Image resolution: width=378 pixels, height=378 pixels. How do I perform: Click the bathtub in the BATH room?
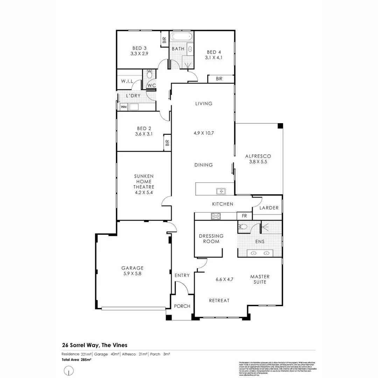click(x=181, y=37)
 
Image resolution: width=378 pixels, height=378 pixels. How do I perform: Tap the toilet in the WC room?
click(x=149, y=74)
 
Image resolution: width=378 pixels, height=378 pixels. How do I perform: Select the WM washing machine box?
click(x=123, y=107)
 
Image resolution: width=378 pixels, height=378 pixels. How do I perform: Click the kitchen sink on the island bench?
click(x=221, y=191)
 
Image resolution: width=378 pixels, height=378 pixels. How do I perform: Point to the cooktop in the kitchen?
click(x=215, y=216)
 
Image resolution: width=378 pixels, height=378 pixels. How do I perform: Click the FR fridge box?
click(x=244, y=216)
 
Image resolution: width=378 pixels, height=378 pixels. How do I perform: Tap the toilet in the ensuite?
click(x=243, y=227)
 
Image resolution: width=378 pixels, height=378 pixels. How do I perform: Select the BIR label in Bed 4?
click(x=219, y=79)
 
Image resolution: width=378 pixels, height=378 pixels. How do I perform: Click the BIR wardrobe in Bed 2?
click(x=167, y=143)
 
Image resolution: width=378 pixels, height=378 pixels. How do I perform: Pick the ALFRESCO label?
click(x=259, y=156)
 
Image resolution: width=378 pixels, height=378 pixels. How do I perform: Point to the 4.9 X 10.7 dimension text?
click(x=204, y=133)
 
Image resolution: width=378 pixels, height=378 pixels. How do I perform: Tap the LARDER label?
click(x=269, y=208)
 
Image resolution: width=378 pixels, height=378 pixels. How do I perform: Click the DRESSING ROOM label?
click(x=211, y=239)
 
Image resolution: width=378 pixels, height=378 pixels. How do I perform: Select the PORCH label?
click(x=182, y=306)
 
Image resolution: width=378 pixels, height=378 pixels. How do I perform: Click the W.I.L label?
click(x=127, y=81)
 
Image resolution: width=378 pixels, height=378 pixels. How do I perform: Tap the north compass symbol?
click(x=69, y=370)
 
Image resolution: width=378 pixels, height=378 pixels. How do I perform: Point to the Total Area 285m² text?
click(x=76, y=359)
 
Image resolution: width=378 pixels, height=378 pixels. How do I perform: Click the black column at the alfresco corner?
click(x=280, y=126)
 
